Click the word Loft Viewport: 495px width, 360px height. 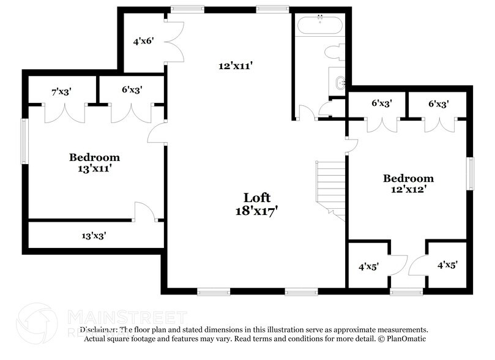click(257, 197)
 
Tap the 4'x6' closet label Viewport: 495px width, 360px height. click(143, 41)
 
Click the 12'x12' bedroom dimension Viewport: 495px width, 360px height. click(408, 190)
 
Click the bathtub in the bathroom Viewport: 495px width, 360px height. click(321, 26)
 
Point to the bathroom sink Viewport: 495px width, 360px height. click(341, 81)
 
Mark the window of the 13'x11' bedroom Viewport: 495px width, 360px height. click(25, 141)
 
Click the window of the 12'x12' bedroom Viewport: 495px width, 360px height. click(471, 174)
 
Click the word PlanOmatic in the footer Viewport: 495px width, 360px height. click(404, 338)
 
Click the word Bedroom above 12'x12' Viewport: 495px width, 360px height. click(408, 178)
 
